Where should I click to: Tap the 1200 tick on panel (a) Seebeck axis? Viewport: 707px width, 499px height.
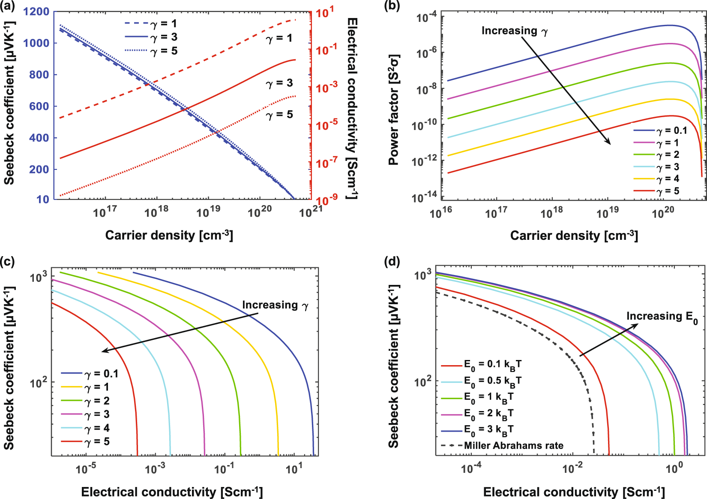[36, 12]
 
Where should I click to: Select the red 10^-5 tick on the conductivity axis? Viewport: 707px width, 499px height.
[327, 125]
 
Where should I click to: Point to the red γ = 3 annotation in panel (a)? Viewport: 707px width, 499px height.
[279, 83]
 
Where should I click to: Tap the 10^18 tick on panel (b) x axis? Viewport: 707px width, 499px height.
[551, 212]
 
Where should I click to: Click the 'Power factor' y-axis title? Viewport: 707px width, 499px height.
[393, 110]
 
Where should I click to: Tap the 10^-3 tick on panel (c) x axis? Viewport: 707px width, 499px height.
[155, 468]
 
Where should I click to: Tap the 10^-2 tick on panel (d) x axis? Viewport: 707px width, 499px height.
[572, 467]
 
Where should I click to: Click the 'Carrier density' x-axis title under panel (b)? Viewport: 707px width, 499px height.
[574, 236]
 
